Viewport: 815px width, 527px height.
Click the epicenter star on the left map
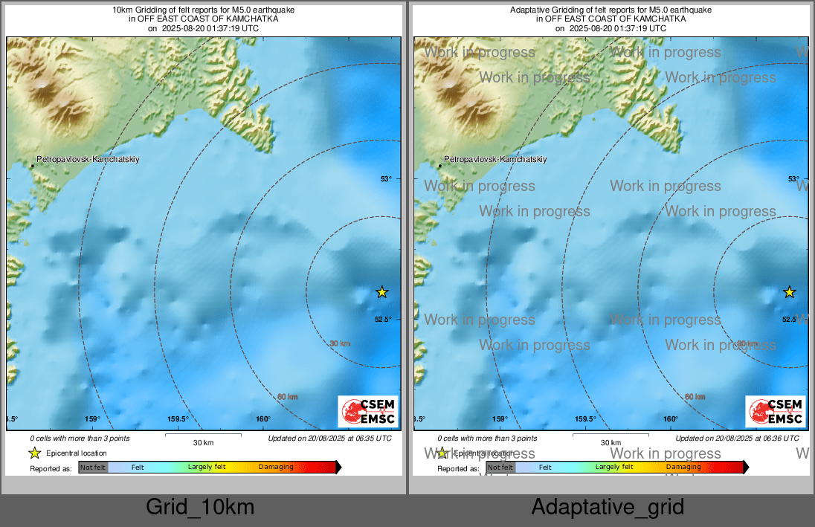coord(381,292)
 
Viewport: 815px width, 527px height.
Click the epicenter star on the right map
coord(790,292)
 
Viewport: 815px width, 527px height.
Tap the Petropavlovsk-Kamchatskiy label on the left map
coord(88,159)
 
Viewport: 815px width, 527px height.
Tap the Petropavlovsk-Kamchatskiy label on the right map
coord(495,159)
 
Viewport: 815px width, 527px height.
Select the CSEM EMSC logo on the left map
coord(368,412)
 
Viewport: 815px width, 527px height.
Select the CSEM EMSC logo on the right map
coord(776,412)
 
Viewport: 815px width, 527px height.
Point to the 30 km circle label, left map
coord(339,343)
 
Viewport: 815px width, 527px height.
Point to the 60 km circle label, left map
coord(287,397)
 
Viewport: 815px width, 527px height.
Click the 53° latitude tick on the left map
coord(386,178)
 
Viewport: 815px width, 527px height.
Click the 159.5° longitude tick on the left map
coord(178,419)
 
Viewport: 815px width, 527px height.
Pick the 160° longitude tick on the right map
coord(671,419)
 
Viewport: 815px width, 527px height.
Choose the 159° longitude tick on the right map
coord(500,419)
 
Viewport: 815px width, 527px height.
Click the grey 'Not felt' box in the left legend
coord(93,468)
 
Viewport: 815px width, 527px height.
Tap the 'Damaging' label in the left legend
coord(276,468)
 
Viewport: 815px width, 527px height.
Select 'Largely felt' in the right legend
coord(614,468)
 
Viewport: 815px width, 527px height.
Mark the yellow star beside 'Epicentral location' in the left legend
coord(34,453)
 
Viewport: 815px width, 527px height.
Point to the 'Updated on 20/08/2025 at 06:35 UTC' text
coord(329,439)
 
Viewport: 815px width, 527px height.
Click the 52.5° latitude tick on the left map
coord(384,320)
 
